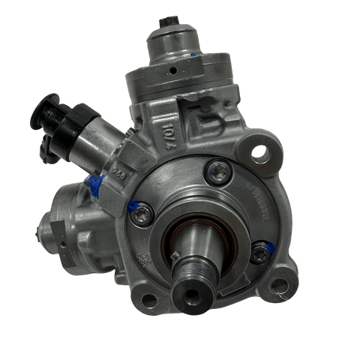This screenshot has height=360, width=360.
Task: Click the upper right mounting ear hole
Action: (259, 155)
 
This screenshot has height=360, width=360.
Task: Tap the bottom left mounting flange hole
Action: (148, 301)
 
